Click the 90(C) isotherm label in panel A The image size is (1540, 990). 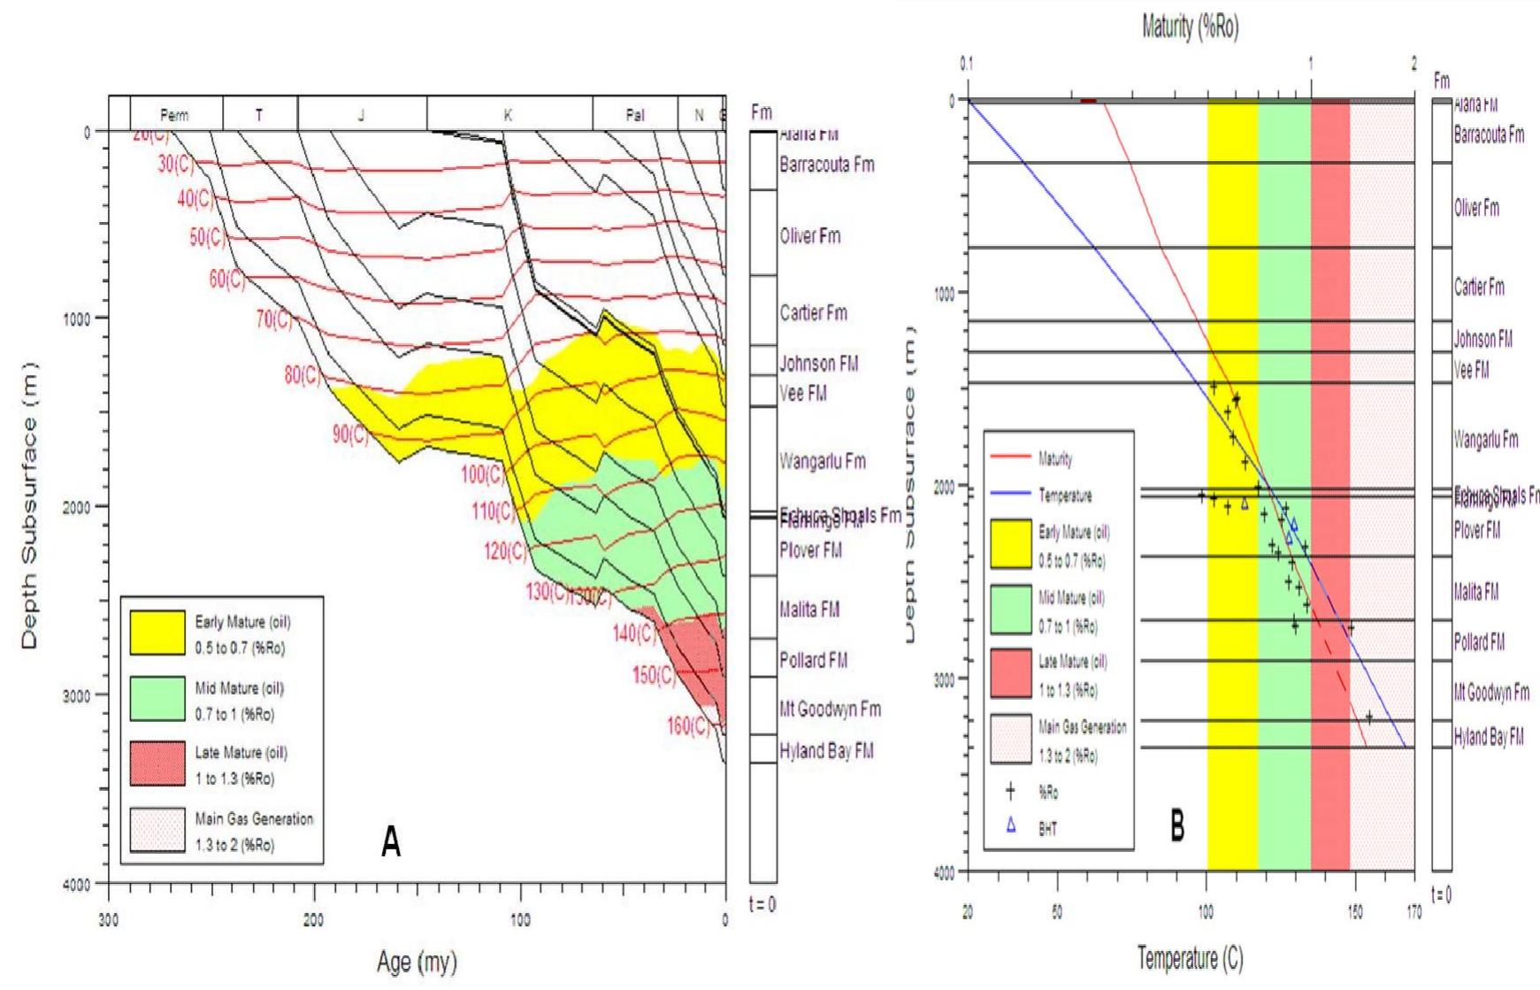click(350, 434)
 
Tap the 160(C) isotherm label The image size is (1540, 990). click(688, 726)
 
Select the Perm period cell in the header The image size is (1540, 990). click(175, 115)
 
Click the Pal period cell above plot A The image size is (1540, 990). click(634, 115)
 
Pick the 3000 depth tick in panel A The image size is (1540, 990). click(80, 695)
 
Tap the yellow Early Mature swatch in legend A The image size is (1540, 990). click(157, 633)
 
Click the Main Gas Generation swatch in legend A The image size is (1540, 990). click(157, 830)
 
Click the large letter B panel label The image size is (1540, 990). click(1177, 827)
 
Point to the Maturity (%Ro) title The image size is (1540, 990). click(1190, 28)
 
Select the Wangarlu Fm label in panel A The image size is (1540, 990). click(822, 462)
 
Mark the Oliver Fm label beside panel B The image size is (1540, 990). click(1476, 209)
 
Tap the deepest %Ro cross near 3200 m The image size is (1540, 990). click(1368, 718)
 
